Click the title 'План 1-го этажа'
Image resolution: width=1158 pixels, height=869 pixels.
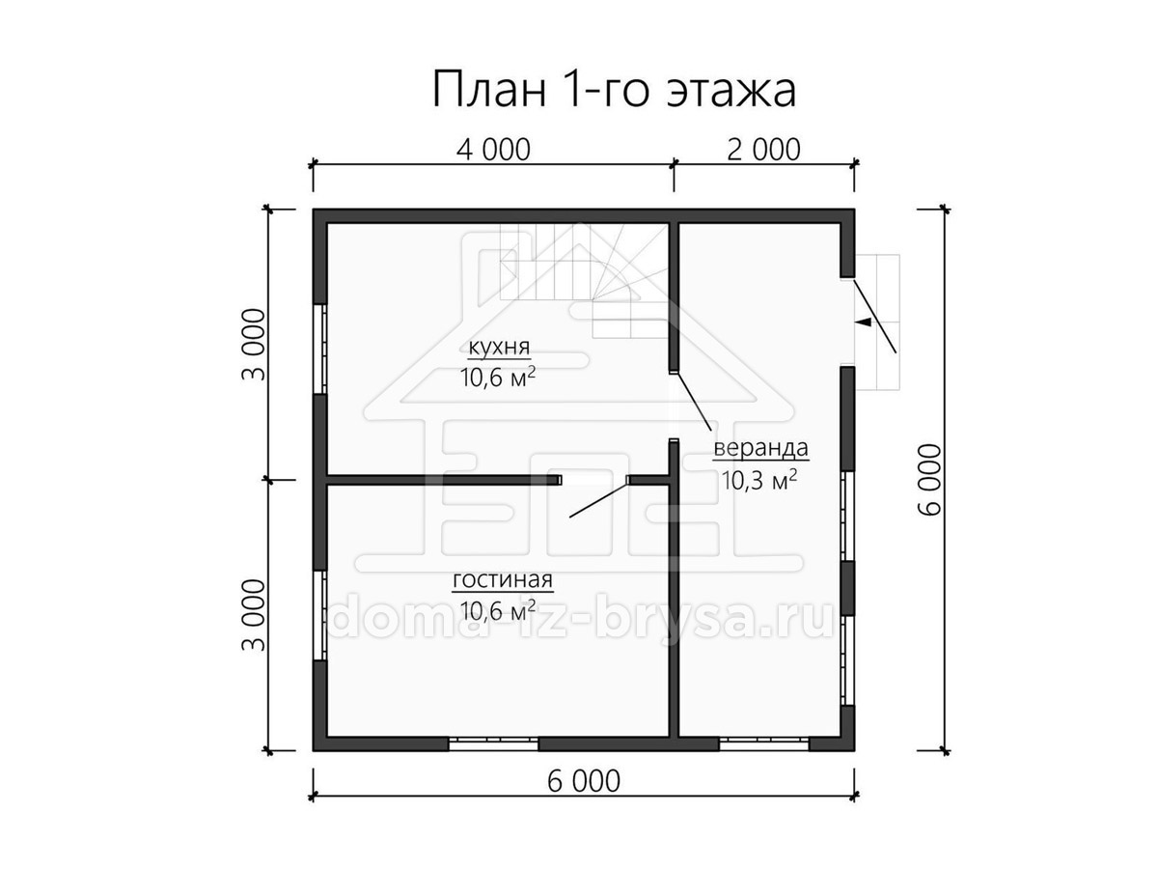(614, 89)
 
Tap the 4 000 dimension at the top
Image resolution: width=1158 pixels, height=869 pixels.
(493, 150)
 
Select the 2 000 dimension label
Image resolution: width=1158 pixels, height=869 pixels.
(763, 150)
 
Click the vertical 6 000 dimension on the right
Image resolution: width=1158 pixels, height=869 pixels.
(929, 479)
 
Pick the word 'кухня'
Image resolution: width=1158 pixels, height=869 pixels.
(499, 348)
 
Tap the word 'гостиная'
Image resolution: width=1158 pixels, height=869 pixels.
(503, 580)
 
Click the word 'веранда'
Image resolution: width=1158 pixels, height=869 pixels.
(760, 448)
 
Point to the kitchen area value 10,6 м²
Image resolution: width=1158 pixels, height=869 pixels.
(498, 377)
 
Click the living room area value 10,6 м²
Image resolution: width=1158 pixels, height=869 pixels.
(498, 610)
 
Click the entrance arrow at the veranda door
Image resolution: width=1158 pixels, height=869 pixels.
(863, 322)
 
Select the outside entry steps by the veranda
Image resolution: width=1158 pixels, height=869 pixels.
(877, 322)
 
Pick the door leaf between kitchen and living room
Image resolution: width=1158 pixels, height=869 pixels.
(598, 498)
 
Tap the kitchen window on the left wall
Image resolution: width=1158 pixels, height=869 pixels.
(320, 349)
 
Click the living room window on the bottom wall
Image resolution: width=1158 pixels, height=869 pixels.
(493, 743)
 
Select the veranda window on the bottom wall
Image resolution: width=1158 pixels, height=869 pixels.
(764, 743)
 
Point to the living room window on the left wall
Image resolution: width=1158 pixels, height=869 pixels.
(320, 615)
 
